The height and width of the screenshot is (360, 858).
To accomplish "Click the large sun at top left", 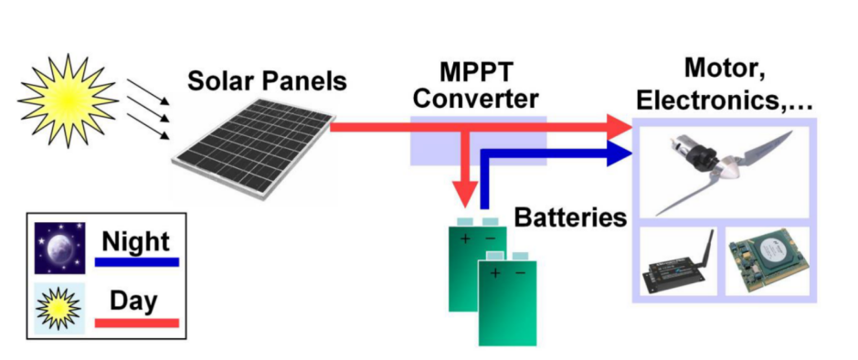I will point(68,98).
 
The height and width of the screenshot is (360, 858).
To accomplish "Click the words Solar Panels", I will point(267,81).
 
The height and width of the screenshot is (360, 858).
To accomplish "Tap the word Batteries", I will point(571,217).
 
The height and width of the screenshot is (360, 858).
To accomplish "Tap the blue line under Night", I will point(136,263).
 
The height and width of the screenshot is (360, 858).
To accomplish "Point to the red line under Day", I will point(136,322).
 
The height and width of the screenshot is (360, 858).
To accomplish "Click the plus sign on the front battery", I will point(494,272).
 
